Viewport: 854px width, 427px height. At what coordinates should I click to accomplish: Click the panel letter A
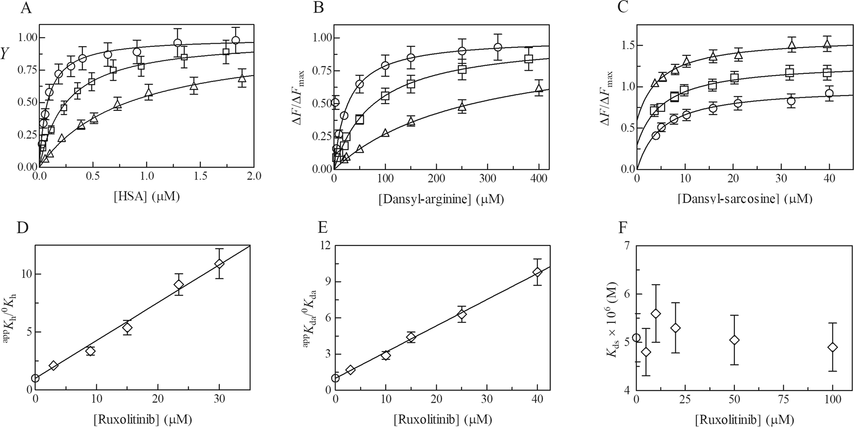coord(26,9)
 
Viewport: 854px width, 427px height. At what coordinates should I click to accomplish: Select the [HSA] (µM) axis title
coord(146,197)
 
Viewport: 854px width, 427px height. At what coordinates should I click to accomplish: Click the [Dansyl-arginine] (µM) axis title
coord(441,199)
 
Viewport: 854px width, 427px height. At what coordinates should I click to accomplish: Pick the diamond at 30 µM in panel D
coord(219,263)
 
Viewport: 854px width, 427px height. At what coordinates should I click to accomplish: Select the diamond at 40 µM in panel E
coord(537,272)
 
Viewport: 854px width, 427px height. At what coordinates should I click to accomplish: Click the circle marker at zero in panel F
coord(636,338)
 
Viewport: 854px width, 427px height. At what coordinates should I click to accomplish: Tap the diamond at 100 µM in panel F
coord(832,347)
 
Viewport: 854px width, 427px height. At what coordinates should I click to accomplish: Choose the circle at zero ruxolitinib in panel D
coord(35,378)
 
